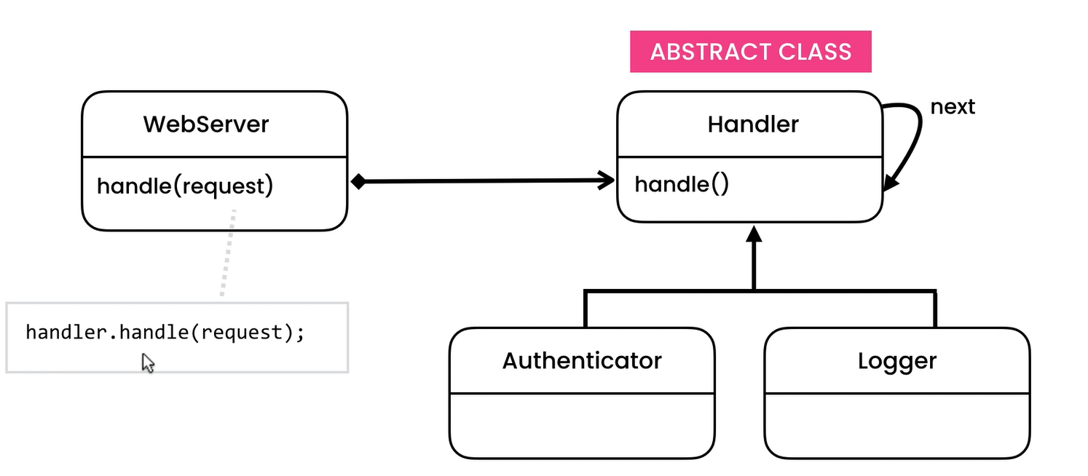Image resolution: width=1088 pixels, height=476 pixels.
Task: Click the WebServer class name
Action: point(205,124)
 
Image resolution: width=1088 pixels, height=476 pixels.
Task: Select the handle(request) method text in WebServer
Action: point(185,186)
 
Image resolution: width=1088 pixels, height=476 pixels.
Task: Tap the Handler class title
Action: point(753,124)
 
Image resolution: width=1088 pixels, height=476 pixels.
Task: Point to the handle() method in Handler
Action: point(682,184)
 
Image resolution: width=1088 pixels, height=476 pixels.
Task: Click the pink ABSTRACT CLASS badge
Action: point(750,52)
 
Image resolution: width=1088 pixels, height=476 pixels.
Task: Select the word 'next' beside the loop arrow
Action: point(953,107)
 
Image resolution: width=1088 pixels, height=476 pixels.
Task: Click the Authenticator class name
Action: point(582,360)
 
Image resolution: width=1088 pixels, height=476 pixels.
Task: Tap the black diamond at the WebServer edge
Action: point(358,181)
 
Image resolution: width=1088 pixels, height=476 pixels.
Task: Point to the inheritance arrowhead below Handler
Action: point(754,234)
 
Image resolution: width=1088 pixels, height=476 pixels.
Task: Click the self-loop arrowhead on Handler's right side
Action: point(890,183)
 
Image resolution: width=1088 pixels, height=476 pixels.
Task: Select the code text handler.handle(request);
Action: point(165,333)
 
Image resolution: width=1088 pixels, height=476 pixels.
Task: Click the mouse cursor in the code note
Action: point(148,362)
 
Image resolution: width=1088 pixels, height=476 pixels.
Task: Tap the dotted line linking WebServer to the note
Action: point(228,253)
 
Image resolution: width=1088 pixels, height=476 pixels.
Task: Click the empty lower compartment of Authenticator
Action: point(582,425)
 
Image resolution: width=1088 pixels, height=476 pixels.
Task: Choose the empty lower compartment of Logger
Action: point(897,425)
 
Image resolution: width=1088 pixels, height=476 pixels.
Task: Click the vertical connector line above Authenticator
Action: point(586,309)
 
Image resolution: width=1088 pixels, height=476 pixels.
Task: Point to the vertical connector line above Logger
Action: point(934,309)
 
